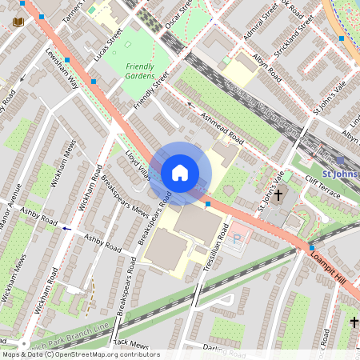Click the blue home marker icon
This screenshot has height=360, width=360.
click(x=180, y=172)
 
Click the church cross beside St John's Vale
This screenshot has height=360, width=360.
click(x=278, y=195)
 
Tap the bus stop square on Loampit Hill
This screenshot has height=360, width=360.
click(x=311, y=249)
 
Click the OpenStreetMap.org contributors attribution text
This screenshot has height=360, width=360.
click(x=104, y=354)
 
